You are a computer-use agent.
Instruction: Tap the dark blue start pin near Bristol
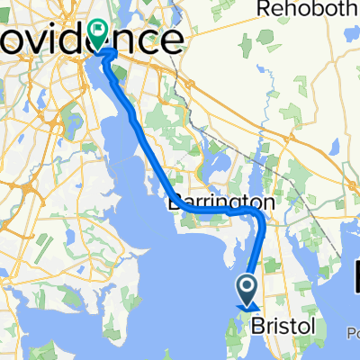pos(247,290)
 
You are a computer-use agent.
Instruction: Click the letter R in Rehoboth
pos(263,9)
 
